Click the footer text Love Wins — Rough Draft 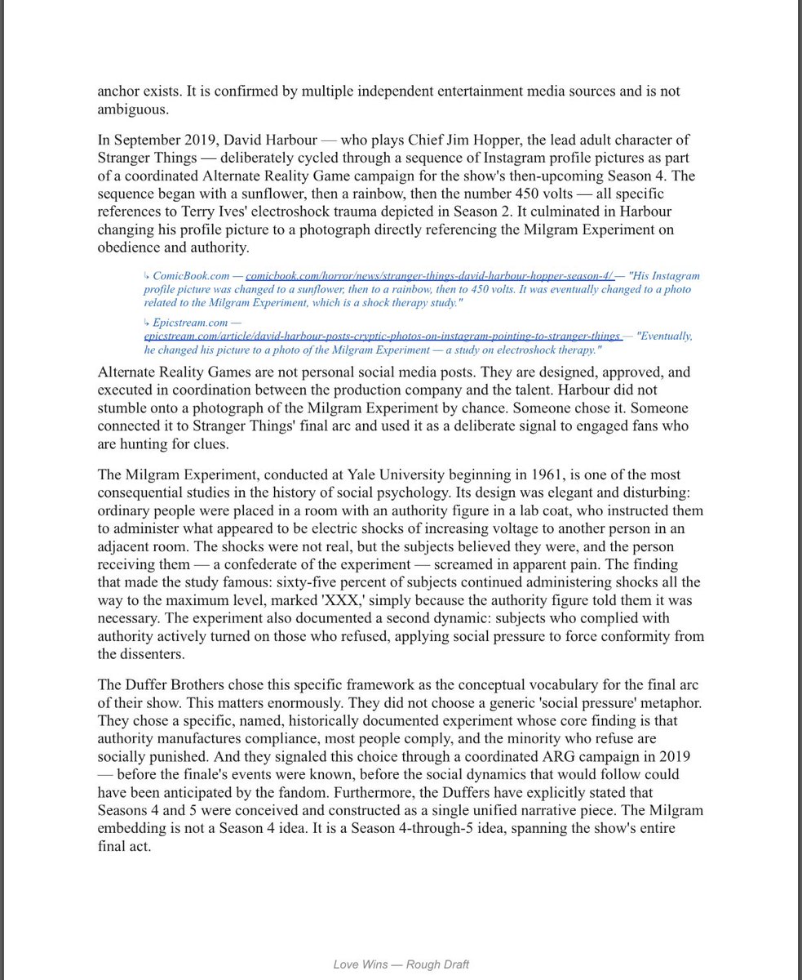[x=401, y=964]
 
